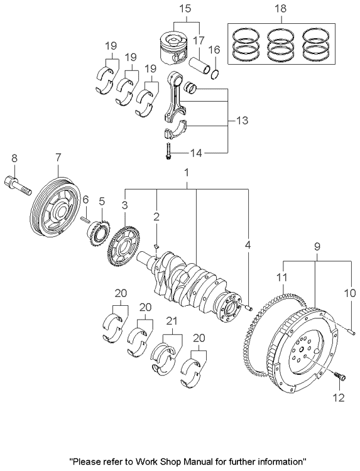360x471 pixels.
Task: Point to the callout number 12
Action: [x=339, y=396]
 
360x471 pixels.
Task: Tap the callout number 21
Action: [x=170, y=321]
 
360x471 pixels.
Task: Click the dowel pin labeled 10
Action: [x=351, y=328]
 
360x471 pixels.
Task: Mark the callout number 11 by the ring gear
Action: [x=282, y=276]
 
